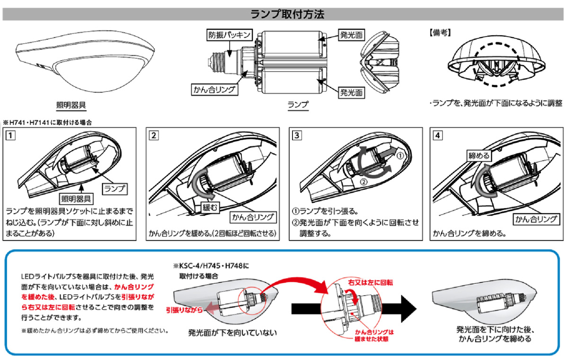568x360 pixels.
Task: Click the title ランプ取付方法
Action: click(x=284, y=14)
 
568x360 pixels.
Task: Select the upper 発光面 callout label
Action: click(x=351, y=35)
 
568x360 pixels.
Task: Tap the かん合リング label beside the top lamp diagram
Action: click(x=213, y=89)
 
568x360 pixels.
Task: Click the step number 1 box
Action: click(x=10, y=135)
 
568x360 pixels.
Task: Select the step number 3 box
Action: click(x=297, y=135)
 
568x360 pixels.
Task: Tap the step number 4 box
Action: click(x=438, y=135)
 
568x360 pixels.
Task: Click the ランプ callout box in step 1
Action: click(x=115, y=188)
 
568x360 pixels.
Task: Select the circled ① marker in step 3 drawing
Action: click(x=400, y=154)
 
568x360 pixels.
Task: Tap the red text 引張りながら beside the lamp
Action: click(x=184, y=310)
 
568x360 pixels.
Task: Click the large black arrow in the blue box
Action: click(x=407, y=308)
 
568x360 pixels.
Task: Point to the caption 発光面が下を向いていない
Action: click(x=232, y=333)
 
